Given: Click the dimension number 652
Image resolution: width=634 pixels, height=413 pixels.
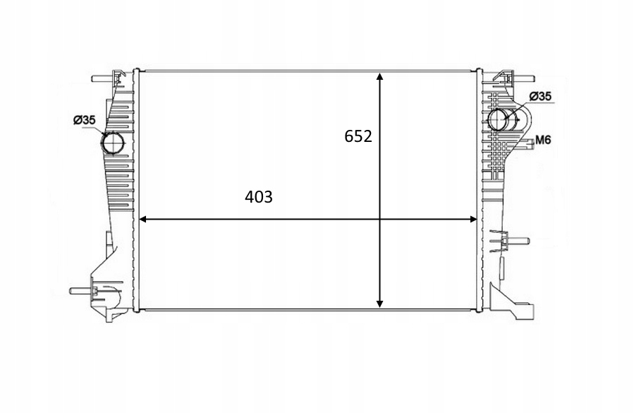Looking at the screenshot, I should click(x=358, y=137).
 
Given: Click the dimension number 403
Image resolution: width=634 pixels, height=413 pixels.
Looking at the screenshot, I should click(x=259, y=198).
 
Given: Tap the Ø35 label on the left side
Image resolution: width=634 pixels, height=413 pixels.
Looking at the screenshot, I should click(x=84, y=121).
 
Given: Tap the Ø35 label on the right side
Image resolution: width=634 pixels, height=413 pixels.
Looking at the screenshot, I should click(x=540, y=96).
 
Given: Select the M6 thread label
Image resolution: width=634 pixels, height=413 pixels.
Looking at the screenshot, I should click(x=542, y=140).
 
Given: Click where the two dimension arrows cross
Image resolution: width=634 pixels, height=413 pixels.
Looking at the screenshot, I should click(x=380, y=220).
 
